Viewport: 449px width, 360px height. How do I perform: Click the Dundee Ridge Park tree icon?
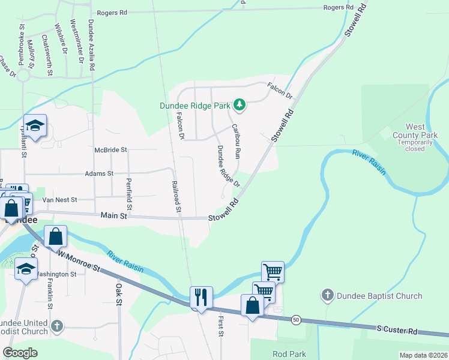pyautogui.click(x=240, y=106)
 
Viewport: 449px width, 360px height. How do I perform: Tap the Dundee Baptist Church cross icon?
pyautogui.click(x=327, y=295)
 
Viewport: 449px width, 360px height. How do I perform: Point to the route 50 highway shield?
pyautogui.click(x=296, y=320)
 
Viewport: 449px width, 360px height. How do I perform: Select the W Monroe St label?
pyautogui.click(x=79, y=261)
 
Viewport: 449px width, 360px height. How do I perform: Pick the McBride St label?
pyautogui.click(x=111, y=149)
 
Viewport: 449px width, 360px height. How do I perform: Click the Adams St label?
pyautogui.click(x=99, y=173)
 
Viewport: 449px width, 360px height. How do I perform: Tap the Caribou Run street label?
pyautogui.click(x=236, y=142)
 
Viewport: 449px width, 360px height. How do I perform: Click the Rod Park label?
pyautogui.click(x=289, y=354)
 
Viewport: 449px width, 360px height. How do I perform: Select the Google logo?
pyautogui.click(x=20, y=353)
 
